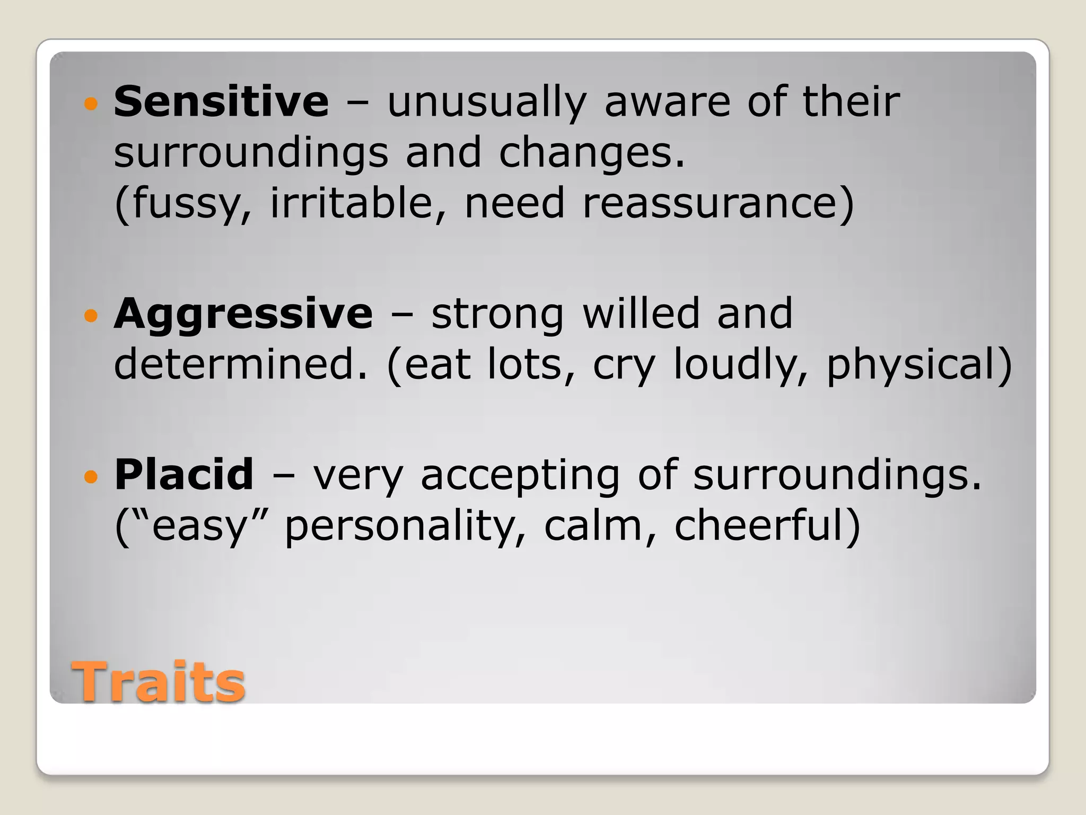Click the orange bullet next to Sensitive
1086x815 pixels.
click(x=91, y=103)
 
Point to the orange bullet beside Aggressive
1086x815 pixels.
click(x=91, y=316)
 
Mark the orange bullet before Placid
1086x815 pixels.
click(x=91, y=476)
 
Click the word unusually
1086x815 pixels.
click(x=487, y=102)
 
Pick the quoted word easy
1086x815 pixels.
click(x=200, y=526)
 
